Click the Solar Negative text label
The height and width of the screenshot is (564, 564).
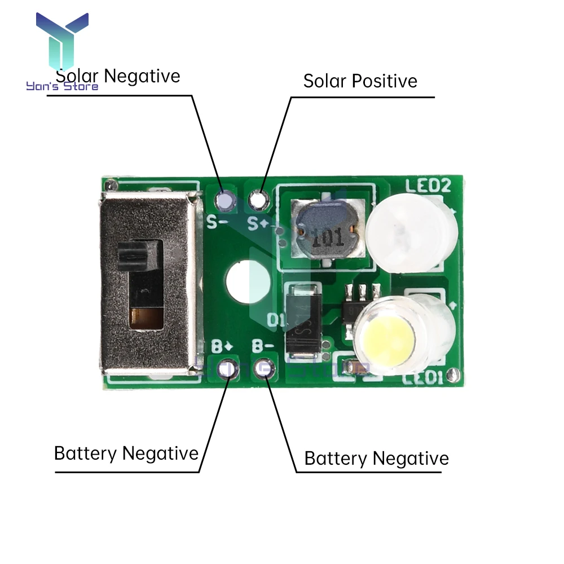118,76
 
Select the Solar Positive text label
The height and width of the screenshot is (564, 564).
360,81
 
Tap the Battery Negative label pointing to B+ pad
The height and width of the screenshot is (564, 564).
126,453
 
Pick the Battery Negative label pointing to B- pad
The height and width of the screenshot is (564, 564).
376,458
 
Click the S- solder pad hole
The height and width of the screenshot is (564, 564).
225,199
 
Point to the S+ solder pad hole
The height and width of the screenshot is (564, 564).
258,199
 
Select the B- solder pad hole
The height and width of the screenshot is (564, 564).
263,368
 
